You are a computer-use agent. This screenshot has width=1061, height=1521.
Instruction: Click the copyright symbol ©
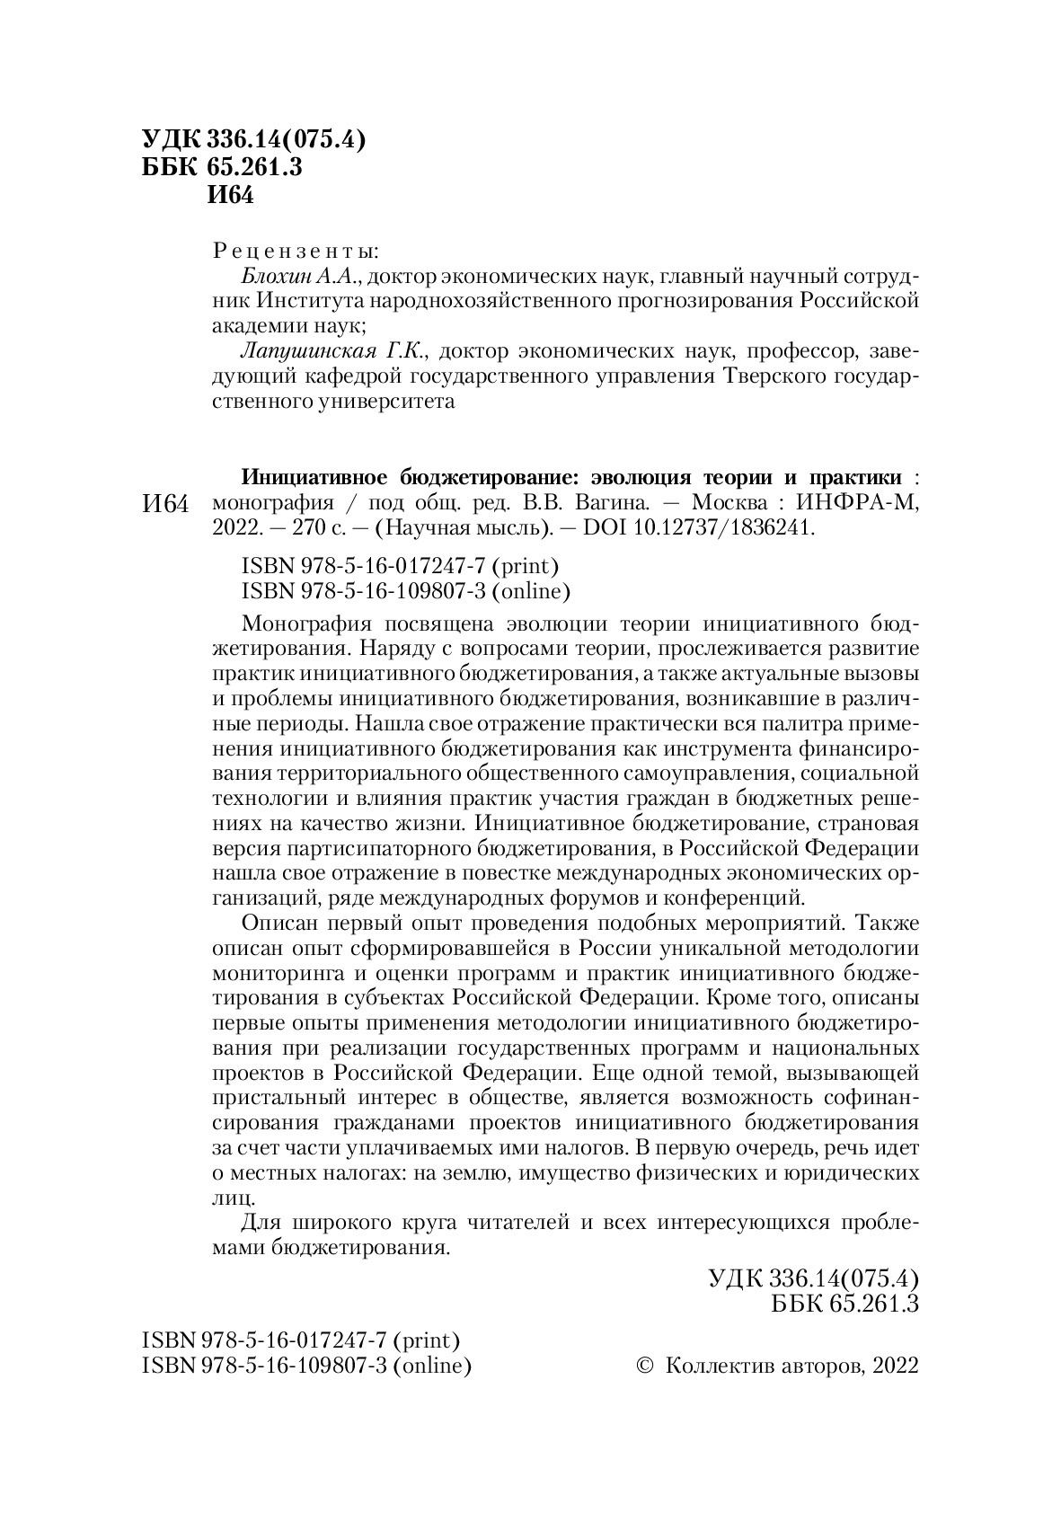643,1340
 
